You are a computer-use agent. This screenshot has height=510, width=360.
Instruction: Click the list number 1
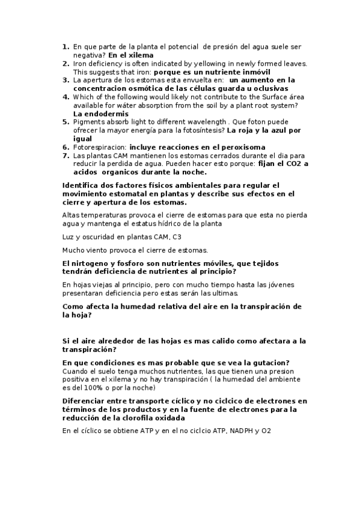[x=66, y=46]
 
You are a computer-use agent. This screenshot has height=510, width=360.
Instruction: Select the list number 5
[x=66, y=121]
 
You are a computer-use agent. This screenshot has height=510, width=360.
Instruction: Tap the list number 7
[x=66, y=155]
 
